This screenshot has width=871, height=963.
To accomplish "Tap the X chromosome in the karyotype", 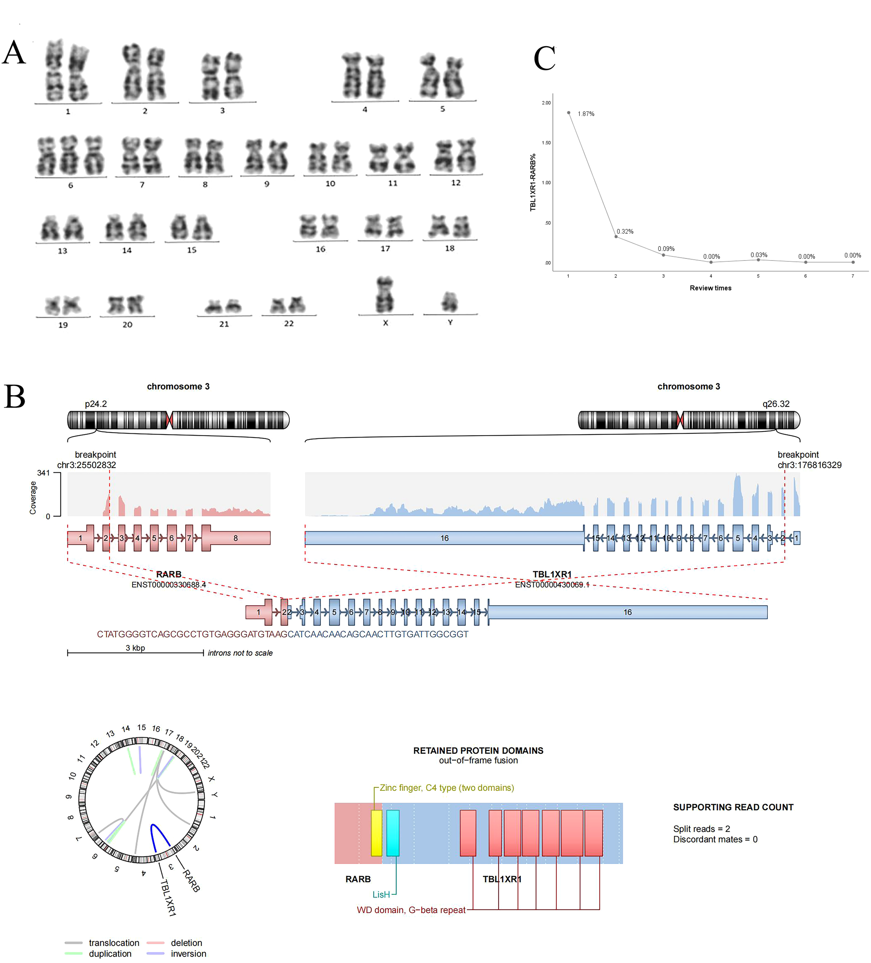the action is (384, 295).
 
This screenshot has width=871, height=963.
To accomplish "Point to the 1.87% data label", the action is (586, 114).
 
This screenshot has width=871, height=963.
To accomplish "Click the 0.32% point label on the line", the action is (624, 231).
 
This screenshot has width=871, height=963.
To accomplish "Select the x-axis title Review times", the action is (710, 288).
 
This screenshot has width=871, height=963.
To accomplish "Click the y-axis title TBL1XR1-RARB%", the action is (533, 183).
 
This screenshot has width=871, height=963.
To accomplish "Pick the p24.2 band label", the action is (96, 404).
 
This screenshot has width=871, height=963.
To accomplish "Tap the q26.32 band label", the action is (775, 404).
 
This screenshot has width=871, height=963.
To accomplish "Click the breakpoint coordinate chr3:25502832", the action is (86, 465).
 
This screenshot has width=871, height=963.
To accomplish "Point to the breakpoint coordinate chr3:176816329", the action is (809, 465).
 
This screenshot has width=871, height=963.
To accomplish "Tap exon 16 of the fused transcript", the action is (627, 612).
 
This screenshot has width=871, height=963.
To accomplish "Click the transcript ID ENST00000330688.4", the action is (169, 585).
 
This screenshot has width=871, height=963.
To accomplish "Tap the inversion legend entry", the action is (188, 953).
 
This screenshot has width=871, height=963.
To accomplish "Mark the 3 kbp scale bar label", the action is (135, 648).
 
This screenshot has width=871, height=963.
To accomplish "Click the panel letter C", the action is (544, 59).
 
